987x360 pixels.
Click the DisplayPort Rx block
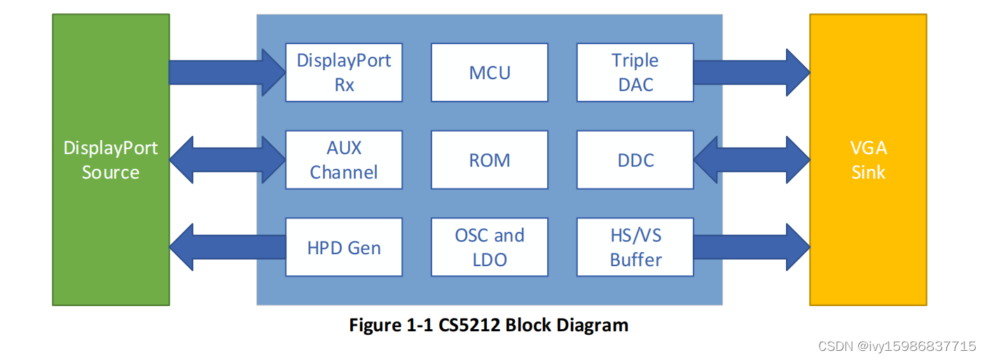[344, 72]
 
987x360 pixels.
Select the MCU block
[490, 72]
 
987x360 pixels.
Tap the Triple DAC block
[635, 72]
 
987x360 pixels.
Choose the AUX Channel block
[344, 160]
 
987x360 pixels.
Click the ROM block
[490, 160]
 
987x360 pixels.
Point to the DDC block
[635, 160]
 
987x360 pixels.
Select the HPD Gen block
[344, 247]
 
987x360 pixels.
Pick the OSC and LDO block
[490, 247]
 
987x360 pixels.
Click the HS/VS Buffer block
[635, 247]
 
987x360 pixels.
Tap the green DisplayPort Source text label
[111, 160]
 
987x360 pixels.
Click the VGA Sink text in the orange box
[868, 160]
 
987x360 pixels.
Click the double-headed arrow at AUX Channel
[227, 160]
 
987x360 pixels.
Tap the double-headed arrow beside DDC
[751, 160]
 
